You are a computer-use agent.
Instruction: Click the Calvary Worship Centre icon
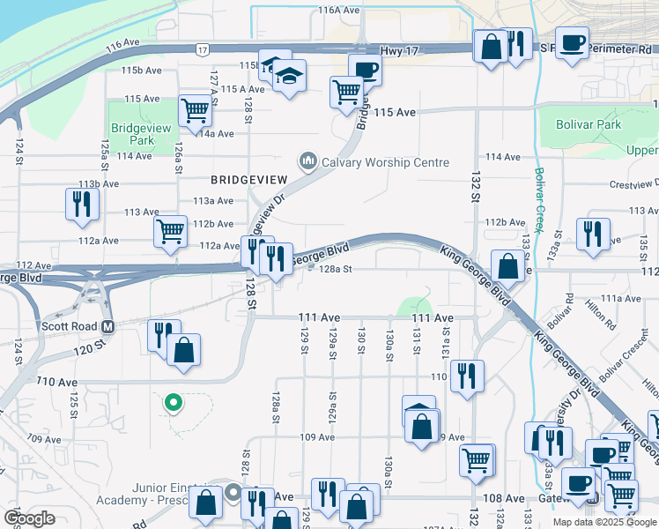click(307, 161)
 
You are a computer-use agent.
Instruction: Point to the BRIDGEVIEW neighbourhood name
click(237, 179)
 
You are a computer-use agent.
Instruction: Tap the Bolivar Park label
click(589, 124)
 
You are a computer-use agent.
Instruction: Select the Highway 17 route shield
click(203, 50)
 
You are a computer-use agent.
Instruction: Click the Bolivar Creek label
click(538, 197)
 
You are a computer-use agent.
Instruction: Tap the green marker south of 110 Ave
click(174, 404)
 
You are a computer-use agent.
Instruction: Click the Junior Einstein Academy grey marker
click(233, 491)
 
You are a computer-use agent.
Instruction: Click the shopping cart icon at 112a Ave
click(170, 231)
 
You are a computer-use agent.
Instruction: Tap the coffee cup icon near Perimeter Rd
click(572, 42)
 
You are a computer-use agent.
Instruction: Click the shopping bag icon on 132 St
click(508, 264)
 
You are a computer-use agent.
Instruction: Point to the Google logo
click(30, 518)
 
